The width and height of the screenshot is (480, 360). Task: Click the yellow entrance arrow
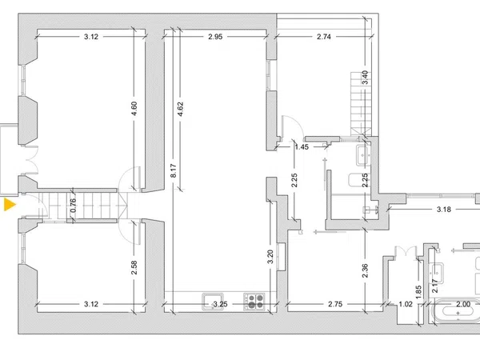(x=9, y=205)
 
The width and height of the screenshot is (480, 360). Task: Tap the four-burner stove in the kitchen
(x=254, y=302)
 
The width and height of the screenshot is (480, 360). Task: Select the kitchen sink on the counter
(x=213, y=302)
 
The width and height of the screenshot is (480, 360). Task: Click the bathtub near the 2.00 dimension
(x=458, y=310)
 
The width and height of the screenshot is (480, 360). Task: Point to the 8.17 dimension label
(x=174, y=171)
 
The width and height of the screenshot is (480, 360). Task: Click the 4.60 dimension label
(x=134, y=109)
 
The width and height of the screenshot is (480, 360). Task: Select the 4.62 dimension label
(x=180, y=109)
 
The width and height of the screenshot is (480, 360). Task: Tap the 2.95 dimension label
(x=215, y=37)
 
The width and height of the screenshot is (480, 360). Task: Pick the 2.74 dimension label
(x=324, y=37)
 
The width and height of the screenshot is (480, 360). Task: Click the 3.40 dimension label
(x=365, y=78)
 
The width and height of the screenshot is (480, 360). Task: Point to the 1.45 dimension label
(x=302, y=147)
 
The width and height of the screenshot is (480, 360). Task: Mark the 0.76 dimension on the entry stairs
(x=73, y=206)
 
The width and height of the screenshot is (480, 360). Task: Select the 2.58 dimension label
(x=134, y=267)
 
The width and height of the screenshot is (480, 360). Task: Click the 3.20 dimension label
(x=270, y=257)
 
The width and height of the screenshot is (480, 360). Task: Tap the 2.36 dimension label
(x=365, y=270)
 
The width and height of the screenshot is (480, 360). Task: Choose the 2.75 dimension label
(x=335, y=304)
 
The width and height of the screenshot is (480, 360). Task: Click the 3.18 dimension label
(x=444, y=210)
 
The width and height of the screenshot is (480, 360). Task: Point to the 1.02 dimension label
(x=406, y=304)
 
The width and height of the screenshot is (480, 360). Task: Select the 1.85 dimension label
(x=418, y=292)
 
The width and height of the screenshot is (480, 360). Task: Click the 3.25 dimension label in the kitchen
(x=221, y=304)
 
